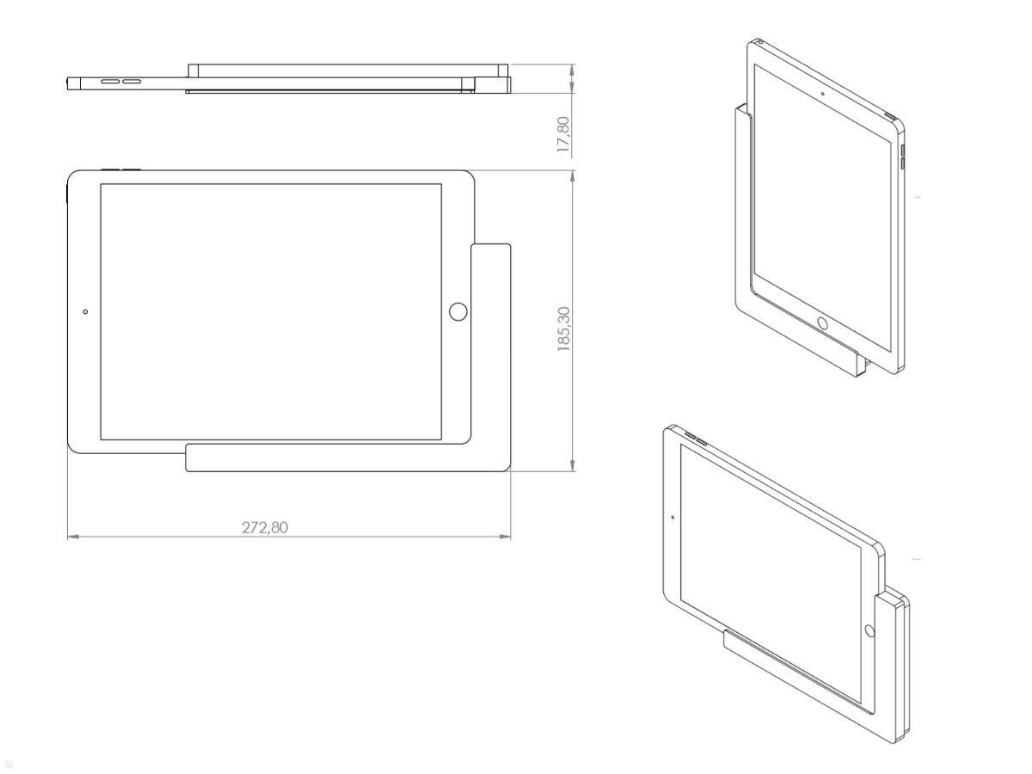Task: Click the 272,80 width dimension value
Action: point(264,526)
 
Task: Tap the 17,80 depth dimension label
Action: point(565,135)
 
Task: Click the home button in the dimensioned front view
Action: point(458,311)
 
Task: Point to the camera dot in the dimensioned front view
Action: point(84,310)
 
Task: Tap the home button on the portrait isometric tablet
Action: point(822,323)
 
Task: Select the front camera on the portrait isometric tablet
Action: point(823,92)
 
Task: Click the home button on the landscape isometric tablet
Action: point(869,630)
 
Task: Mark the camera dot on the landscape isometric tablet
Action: point(673,518)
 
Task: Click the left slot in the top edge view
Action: point(111,83)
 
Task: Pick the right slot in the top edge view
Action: point(132,83)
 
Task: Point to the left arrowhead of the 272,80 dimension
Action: point(71,537)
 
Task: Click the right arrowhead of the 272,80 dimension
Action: point(507,537)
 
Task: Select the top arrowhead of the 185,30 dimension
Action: point(573,175)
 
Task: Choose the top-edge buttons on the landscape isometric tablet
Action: point(692,439)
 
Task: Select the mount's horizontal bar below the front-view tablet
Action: point(344,459)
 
